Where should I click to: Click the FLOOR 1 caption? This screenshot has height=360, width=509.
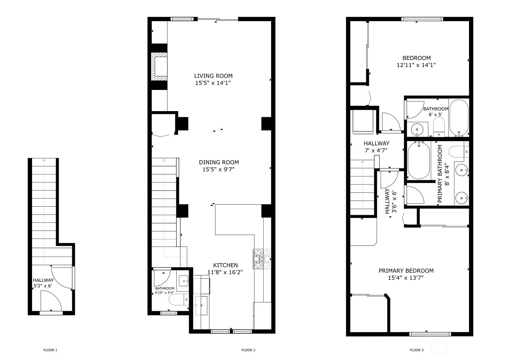50,350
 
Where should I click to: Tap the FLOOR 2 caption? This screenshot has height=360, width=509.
248,350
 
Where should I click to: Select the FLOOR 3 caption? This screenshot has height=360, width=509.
417,350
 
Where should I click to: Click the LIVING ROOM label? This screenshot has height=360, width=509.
213,76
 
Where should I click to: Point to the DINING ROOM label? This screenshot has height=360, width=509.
219,162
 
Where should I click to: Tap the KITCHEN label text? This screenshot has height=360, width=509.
226,265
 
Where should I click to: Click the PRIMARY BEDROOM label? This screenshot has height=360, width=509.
406,270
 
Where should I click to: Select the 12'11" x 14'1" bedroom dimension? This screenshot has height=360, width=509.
416,65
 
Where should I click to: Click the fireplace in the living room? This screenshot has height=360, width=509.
159,66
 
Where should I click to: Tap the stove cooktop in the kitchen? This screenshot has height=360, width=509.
262,259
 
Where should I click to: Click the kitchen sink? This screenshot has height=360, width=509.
201,305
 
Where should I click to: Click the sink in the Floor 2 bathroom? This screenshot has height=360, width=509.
184,281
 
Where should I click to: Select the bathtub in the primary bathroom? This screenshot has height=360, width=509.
419,160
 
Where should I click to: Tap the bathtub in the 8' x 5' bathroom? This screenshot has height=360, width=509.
459,118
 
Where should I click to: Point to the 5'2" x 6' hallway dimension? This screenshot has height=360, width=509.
43,286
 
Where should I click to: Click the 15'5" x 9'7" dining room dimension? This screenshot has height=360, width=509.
218,169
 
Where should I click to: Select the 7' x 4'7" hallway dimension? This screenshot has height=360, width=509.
376,150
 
